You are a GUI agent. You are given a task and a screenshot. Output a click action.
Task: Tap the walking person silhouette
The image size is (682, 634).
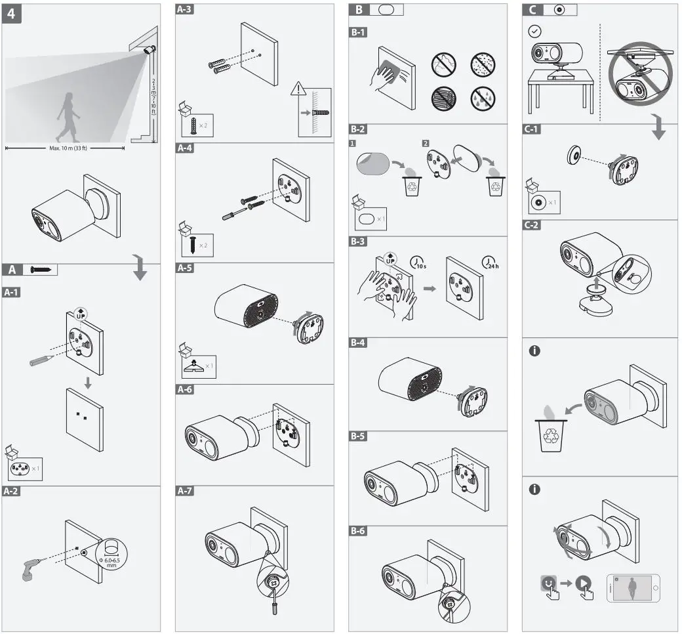click(x=67, y=117)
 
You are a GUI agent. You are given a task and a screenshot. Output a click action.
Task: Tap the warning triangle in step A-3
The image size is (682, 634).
click(x=300, y=89)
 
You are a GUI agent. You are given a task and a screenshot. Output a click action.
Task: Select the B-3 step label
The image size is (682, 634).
click(x=358, y=242)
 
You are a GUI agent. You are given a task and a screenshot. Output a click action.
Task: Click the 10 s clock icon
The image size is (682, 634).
click(x=418, y=263)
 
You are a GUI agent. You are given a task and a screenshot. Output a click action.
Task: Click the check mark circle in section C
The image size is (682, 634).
click(x=535, y=31)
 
